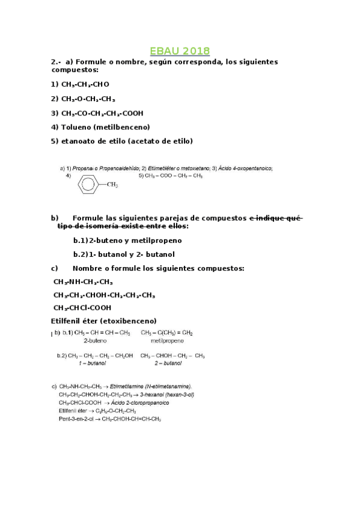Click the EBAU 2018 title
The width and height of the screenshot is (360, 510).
[x=180, y=51]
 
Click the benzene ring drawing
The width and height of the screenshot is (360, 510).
[x=88, y=185]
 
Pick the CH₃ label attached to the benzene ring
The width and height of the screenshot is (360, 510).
[x=112, y=185]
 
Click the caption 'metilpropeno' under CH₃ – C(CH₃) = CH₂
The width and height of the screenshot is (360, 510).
[x=158, y=340]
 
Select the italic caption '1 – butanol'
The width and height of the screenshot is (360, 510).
[x=92, y=363]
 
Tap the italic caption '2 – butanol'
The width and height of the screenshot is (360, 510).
[x=168, y=363]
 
